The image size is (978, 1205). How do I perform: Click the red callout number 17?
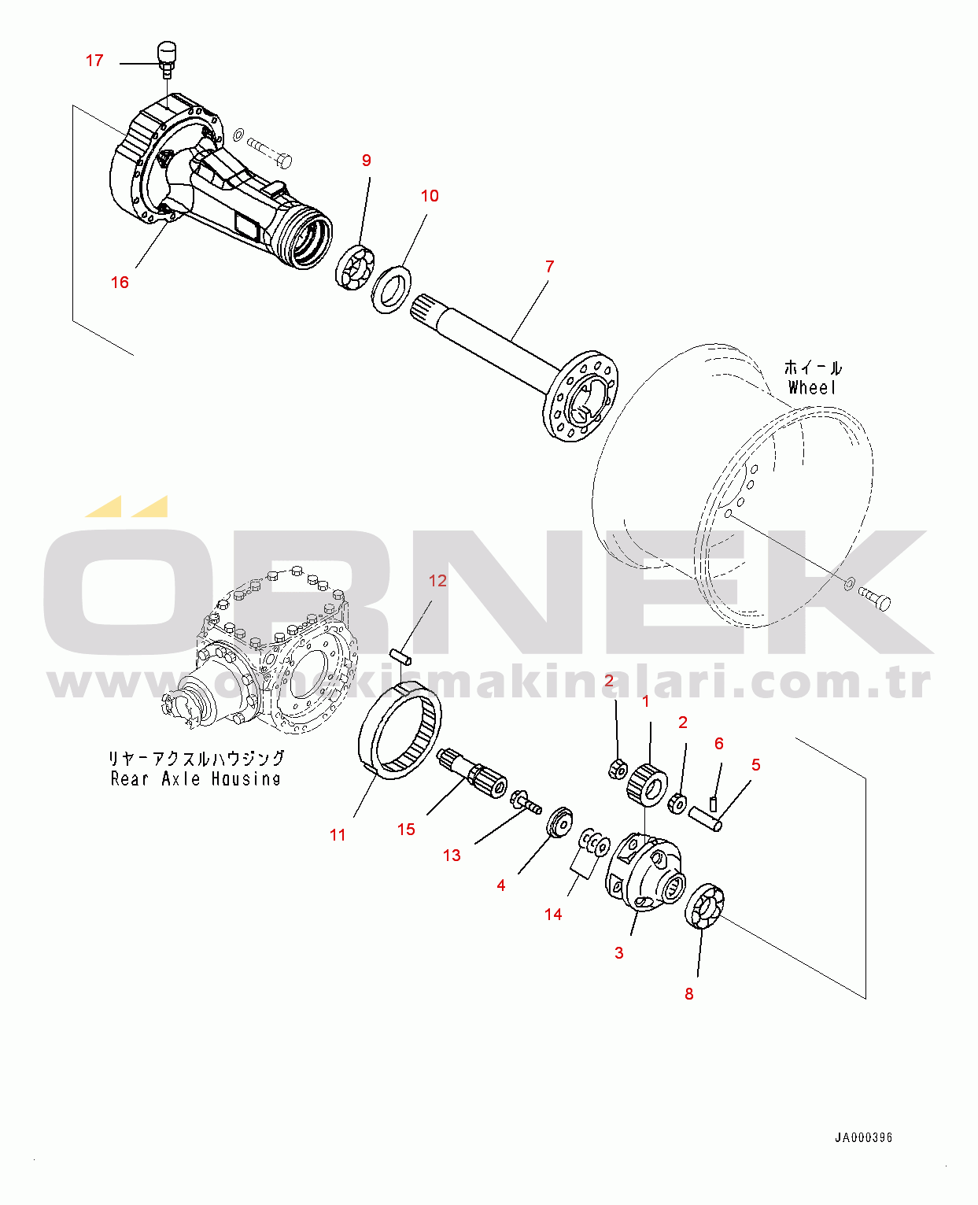(94, 61)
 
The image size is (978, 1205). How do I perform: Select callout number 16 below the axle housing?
(120, 283)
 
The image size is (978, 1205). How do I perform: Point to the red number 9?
(366, 161)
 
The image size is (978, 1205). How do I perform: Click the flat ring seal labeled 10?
(391, 290)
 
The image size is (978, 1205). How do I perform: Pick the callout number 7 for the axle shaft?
(549, 267)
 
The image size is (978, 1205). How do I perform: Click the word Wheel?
(812, 387)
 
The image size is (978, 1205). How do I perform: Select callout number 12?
(437, 581)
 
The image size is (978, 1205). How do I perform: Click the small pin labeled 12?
(401, 655)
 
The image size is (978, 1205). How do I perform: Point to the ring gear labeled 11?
(400, 733)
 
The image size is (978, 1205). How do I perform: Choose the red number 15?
(406, 830)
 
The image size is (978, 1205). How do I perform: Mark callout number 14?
(553, 915)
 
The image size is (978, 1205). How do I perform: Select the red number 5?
(755, 765)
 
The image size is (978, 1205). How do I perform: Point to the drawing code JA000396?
(863, 1137)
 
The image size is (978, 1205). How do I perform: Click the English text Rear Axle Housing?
(196, 779)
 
